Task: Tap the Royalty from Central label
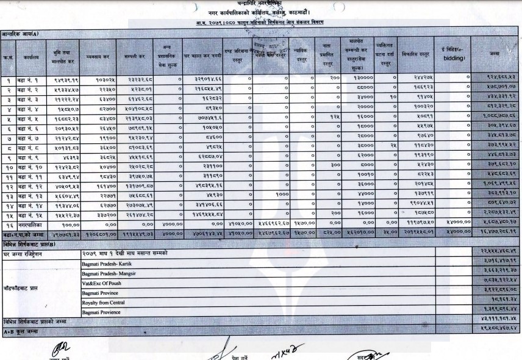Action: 104,303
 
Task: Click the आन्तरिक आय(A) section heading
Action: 24,34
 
